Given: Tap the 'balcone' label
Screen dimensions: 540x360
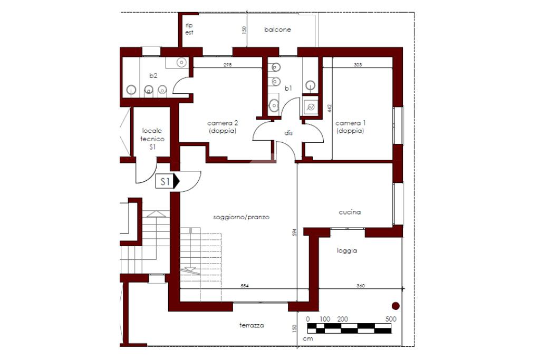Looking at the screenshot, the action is point(277,30).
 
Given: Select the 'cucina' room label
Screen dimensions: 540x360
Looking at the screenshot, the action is point(350,212).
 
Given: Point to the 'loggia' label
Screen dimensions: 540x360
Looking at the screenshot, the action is point(347,250).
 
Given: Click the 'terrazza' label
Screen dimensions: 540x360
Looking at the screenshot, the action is point(252,325).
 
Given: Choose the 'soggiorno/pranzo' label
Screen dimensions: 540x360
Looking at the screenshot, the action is point(241,217).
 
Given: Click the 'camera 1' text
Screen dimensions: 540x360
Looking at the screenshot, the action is point(351,123).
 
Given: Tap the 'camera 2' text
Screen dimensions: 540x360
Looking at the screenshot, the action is point(223,123).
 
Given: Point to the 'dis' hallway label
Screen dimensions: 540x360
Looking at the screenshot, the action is point(288,132).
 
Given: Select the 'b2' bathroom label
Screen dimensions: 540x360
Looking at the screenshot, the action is point(153,75).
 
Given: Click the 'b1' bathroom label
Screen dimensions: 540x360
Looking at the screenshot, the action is point(288,88).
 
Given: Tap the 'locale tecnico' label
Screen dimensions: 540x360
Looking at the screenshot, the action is point(152,135).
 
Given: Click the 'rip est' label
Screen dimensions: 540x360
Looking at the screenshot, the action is point(189,29).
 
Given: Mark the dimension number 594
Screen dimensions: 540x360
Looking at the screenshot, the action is point(294,232).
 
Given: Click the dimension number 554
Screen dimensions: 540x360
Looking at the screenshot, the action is point(245,286).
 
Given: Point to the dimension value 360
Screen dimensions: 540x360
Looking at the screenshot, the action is point(361,286).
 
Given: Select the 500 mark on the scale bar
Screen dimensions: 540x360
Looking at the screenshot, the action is point(391,319).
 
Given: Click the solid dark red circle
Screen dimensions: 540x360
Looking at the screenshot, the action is point(396,306).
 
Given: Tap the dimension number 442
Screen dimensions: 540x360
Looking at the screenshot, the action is point(330,108).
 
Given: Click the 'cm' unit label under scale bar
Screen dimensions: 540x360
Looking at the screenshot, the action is point(308,339).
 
